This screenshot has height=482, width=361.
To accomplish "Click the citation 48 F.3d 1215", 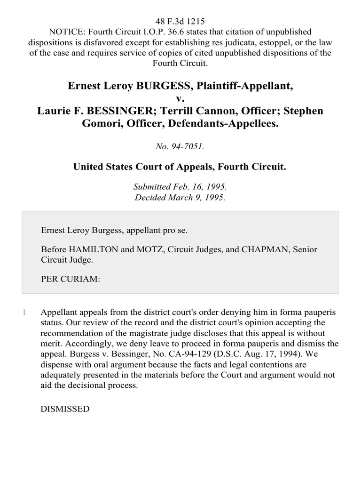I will click(180, 22).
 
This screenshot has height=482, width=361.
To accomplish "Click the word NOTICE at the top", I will click(65, 32).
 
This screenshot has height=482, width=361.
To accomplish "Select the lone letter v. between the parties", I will click(180, 99).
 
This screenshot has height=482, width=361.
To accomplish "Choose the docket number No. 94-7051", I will click(180, 147).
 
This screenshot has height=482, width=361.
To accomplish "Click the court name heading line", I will click(180, 167).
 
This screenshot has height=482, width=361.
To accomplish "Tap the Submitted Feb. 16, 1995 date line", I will click(180, 187).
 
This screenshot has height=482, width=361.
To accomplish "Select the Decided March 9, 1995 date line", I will click(180, 197).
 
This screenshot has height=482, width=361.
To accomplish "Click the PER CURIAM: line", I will click(71, 279).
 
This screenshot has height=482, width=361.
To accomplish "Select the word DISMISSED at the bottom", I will click(65, 409).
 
